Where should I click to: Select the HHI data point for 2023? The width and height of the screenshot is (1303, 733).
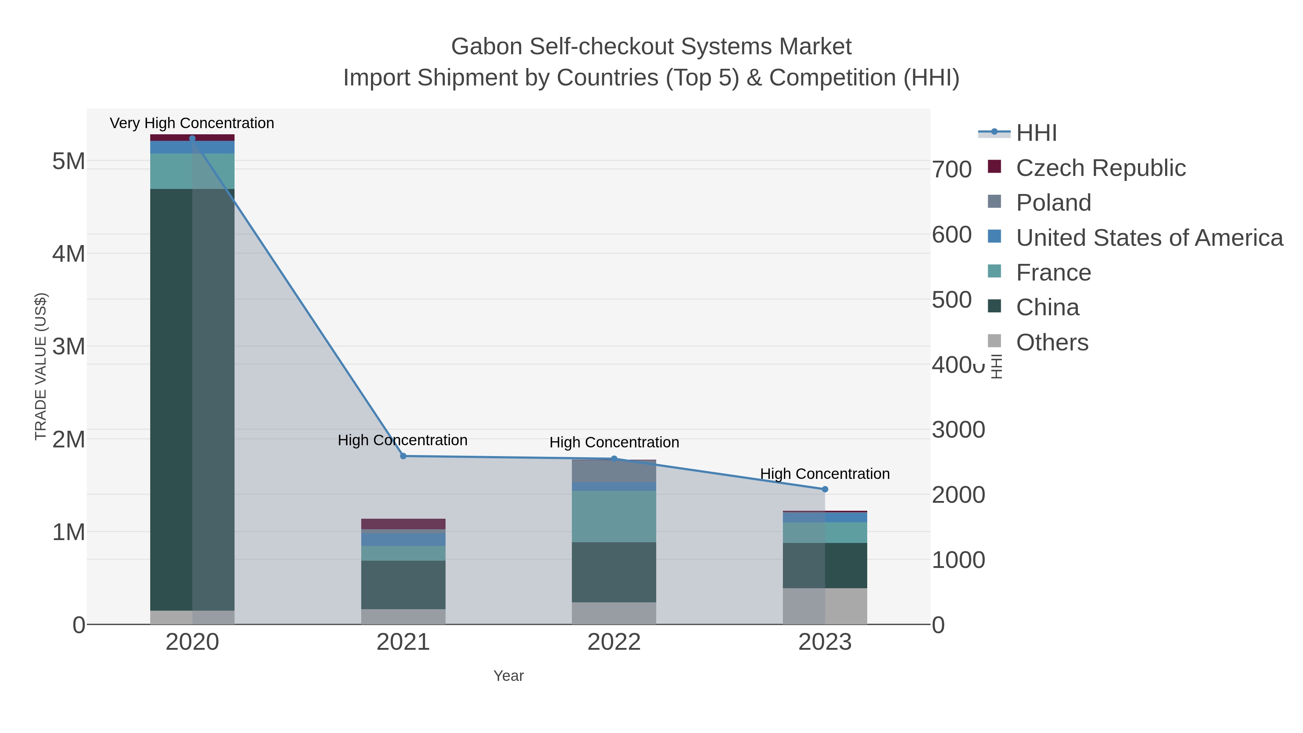point(825,489)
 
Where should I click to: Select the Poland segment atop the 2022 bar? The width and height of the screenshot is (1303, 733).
point(614,471)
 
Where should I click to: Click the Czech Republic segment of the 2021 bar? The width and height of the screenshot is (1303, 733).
point(403,523)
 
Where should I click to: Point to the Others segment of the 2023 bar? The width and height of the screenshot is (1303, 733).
point(825,606)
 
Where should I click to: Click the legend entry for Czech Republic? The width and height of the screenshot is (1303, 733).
point(1100,168)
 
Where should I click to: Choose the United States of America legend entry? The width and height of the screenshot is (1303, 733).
point(1149,238)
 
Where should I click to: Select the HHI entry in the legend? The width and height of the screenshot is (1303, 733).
point(1036,133)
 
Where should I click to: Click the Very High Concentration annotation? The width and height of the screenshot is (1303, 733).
point(192,123)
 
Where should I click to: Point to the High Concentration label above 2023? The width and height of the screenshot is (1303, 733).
point(825,474)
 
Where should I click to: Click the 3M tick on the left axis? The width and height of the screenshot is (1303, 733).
point(69,347)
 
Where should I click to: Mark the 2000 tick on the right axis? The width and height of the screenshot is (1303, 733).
point(958,495)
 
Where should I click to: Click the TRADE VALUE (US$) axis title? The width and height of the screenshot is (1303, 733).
point(41,366)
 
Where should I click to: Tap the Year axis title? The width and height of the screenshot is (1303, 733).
point(509,676)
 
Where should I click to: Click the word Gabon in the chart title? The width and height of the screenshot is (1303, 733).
point(486,47)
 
